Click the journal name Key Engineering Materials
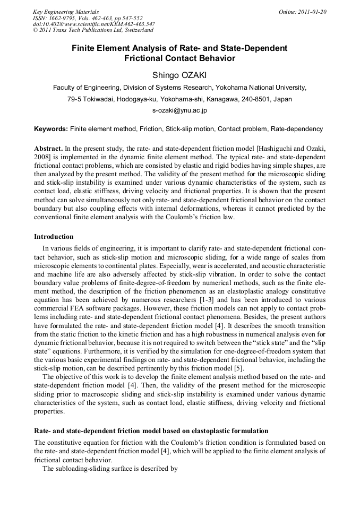point(65,12)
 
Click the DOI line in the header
point(93,24)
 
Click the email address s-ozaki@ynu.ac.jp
point(179,110)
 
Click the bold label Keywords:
point(51,129)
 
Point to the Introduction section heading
point(54,237)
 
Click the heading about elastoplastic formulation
point(151,430)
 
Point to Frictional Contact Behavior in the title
point(179,58)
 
